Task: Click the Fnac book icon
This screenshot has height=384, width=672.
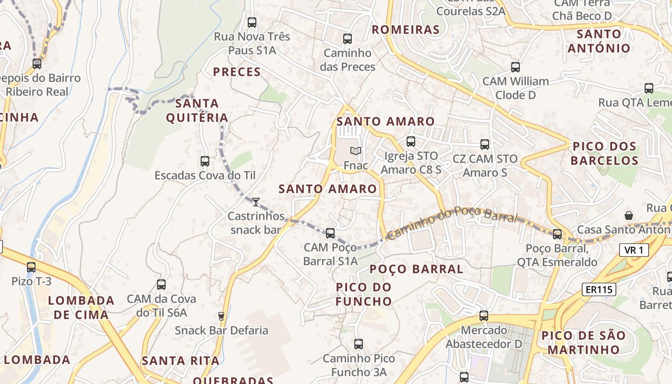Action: pos(355,151)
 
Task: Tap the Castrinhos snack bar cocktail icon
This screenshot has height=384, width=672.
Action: pos(256,202)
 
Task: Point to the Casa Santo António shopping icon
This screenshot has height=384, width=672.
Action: pos(628,216)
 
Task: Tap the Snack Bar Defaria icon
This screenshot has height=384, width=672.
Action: pos(221,316)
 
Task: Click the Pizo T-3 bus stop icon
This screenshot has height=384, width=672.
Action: pos(31,267)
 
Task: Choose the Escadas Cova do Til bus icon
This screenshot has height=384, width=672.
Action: pos(205,161)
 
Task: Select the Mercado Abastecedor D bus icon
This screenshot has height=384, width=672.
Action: pos(484,316)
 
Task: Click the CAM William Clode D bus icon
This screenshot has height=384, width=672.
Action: pos(516,67)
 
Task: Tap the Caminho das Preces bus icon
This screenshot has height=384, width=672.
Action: pos(348,39)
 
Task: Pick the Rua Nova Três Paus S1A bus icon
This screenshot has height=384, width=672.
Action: pos(252,22)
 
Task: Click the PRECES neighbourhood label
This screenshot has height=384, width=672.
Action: pos(237,72)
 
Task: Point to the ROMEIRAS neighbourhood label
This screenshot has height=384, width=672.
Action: pos(406,30)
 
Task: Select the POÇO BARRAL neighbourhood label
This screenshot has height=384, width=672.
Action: pos(417,269)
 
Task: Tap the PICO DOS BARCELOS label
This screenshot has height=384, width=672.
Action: pos(604,154)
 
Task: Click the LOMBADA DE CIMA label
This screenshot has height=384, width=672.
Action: pos(81,308)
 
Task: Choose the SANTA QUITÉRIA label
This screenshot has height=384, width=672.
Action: pos(197,110)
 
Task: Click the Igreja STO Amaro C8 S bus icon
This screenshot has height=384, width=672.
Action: pos(410,142)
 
